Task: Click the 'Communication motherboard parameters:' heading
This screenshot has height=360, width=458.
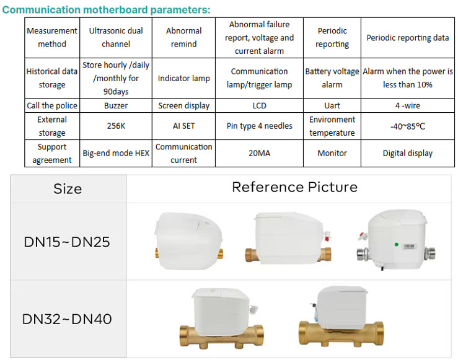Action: point(106,10)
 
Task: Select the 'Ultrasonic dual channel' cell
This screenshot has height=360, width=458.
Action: point(116,37)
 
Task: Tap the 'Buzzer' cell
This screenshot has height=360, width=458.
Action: point(116,105)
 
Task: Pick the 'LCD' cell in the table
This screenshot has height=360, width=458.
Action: point(260,105)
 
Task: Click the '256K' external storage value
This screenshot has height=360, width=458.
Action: point(116,126)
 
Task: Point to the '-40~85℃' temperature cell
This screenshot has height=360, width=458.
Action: point(408,126)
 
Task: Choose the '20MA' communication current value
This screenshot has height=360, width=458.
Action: point(260,153)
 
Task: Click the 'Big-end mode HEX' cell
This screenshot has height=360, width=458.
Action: point(116,153)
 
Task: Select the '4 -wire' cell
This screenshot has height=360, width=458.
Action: point(408,105)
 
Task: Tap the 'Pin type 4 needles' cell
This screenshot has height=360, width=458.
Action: point(260,126)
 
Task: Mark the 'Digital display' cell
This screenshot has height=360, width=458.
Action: point(408,153)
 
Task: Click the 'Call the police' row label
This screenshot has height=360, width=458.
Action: point(52,105)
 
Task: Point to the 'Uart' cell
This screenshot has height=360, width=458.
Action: point(332,105)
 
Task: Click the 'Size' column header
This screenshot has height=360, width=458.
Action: point(68,189)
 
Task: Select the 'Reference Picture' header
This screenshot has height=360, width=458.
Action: point(295,187)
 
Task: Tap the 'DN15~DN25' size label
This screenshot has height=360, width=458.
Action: point(67,242)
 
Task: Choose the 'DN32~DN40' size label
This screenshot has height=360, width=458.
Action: point(67,319)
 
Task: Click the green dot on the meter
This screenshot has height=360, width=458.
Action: point(397,244)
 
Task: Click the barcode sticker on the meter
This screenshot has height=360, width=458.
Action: point(409,247)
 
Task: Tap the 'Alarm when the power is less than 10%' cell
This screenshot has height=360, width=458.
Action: point(408,78)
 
